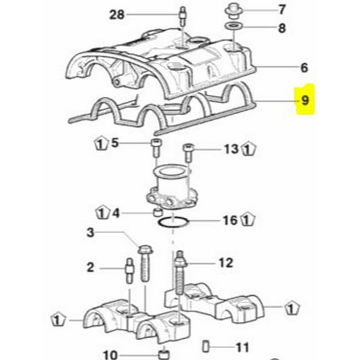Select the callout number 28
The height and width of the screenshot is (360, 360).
117,14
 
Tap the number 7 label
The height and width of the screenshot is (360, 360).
281,9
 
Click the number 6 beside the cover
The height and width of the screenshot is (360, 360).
304,67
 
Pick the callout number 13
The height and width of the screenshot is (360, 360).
231,149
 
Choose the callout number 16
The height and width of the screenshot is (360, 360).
229,220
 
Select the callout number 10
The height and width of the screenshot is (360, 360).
110,356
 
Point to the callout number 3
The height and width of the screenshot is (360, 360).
90,234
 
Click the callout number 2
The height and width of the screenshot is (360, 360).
90,267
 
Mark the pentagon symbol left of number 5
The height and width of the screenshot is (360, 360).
101,143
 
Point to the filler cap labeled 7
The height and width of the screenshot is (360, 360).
232,9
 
